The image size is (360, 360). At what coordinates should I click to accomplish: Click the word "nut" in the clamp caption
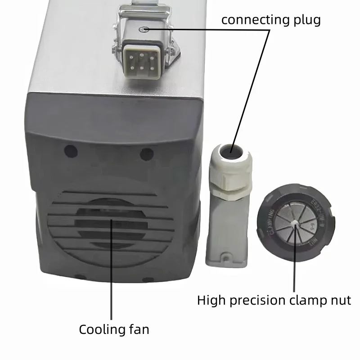point(340,300)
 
